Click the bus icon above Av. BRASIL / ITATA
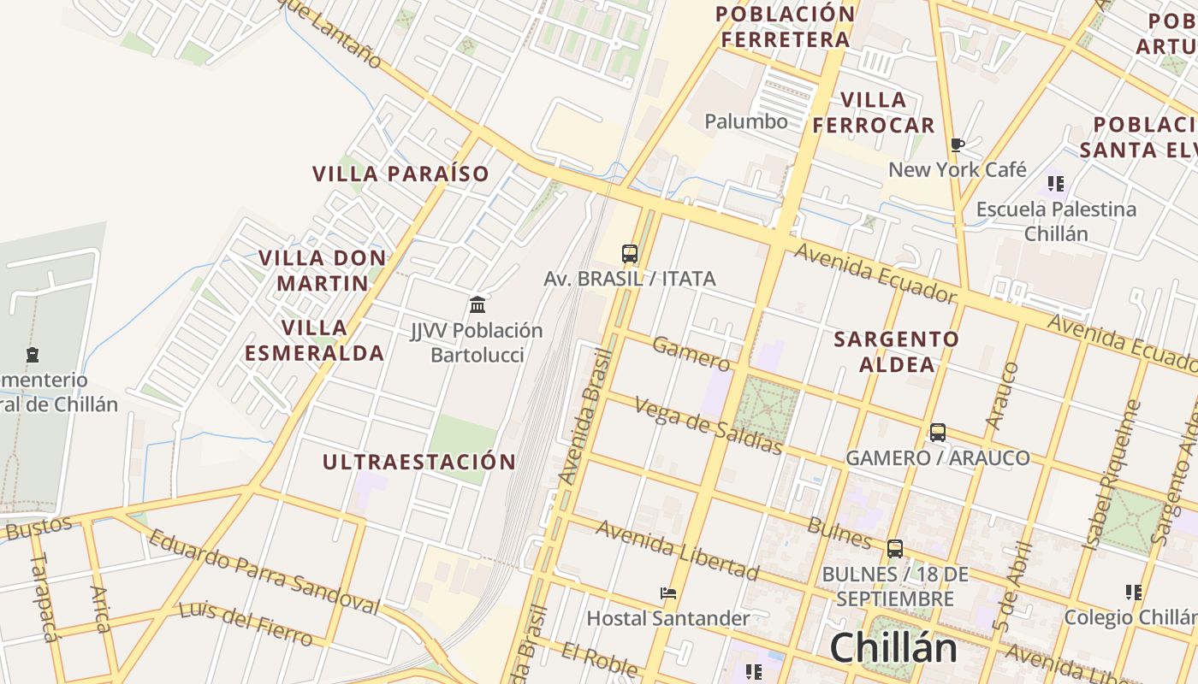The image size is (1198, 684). (630, 253)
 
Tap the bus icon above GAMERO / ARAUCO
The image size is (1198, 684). (938, 433)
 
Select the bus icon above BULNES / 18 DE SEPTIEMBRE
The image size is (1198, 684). (895, 549)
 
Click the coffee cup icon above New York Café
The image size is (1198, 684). (958, 144)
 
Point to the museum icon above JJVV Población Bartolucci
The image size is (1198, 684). (477, 304)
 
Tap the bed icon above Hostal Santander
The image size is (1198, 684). (668, 593)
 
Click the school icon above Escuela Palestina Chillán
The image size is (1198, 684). (1056, 183)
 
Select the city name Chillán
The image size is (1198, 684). (893, 647)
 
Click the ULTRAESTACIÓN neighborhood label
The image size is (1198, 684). (419, 463)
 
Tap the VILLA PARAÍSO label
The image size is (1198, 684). (400, 174)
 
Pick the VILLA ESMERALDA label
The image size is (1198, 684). (314, 340)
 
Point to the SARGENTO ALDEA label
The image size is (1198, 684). (896, 351)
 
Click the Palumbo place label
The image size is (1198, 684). (746, 121)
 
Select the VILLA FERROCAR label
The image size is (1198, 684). (874, 113)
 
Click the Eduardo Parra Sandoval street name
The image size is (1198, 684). (264, 571)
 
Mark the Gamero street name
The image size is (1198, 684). (691, 353)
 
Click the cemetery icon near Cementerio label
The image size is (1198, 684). (33, 354)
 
